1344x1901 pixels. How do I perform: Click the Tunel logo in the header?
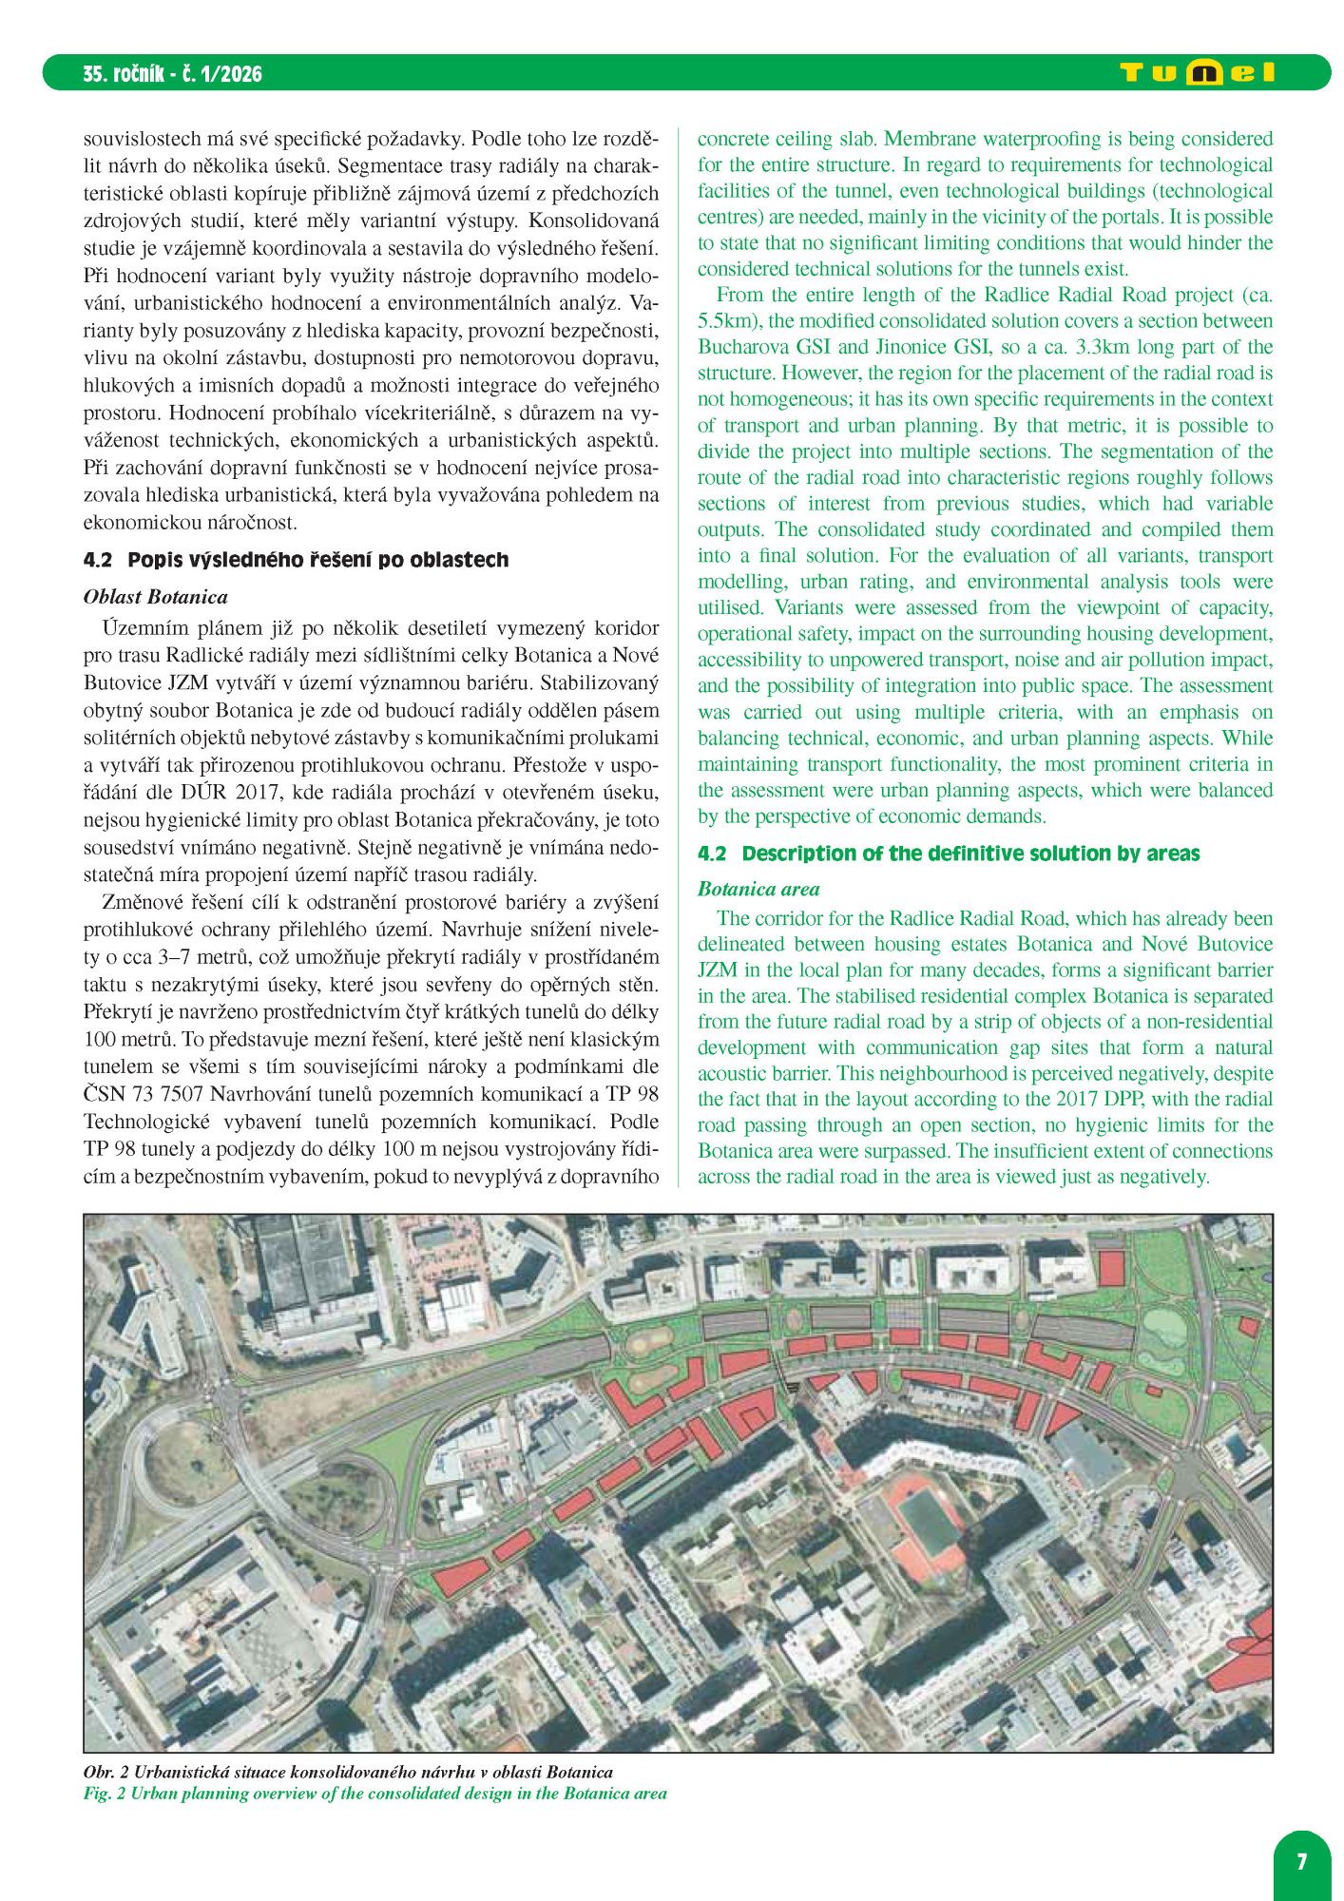(x=1198, y=73)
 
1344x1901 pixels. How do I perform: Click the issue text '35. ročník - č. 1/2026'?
(x=172, y=74)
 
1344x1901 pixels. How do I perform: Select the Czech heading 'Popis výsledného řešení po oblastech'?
(x=317, y=560)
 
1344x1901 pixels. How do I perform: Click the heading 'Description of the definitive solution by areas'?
(x=970, y=854)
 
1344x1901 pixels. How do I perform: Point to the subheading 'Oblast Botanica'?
(x=156, y=597)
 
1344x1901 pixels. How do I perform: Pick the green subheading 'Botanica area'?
(x=758, y=890)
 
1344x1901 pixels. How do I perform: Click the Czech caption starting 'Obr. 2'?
(x=348, y=1772)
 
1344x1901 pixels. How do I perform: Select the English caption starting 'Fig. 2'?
(x=374, y=1794)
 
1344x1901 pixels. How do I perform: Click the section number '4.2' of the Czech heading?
(x=98, y=560)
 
